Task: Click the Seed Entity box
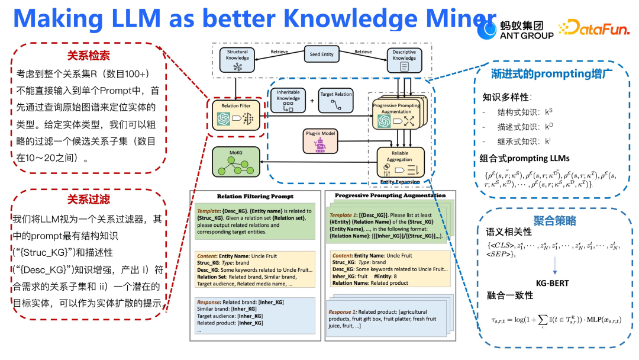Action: pos(322,54)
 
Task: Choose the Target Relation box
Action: pos(336,101)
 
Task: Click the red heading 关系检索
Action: pos(88,56)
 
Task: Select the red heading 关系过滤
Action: pos(88,200)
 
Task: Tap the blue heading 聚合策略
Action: pos(554,221)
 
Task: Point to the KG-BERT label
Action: pos(551,283)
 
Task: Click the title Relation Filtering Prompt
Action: pos(255,196)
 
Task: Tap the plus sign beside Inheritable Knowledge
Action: pos(312,101)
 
